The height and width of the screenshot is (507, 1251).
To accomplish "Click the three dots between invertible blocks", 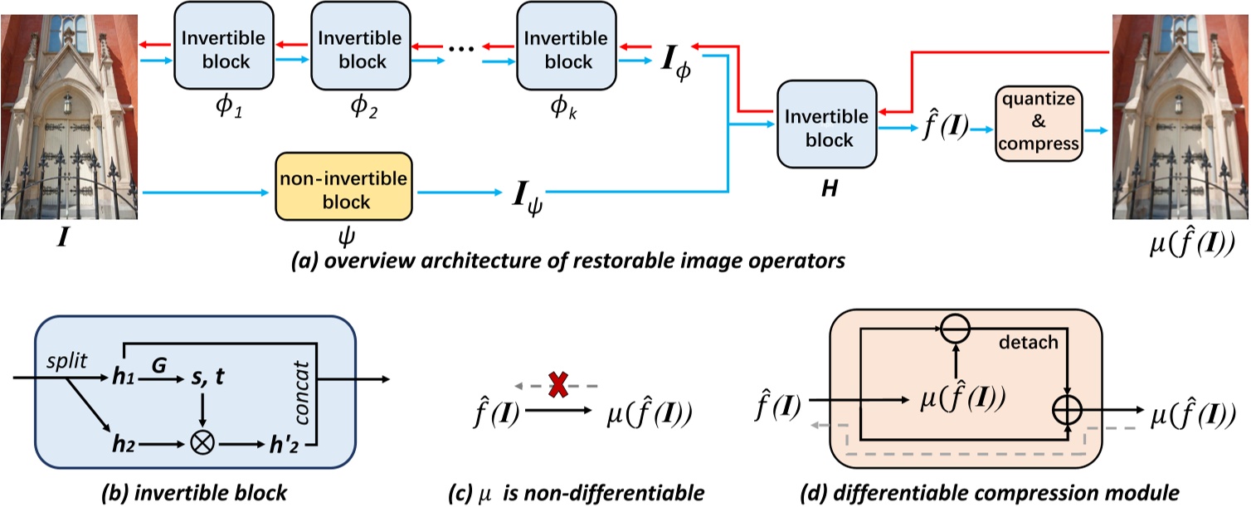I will [x=460, y=48].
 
